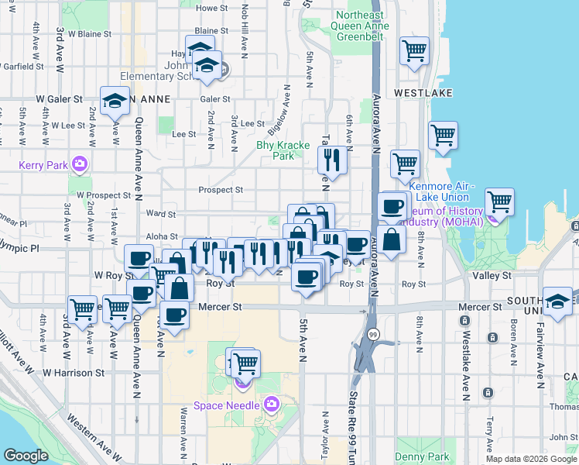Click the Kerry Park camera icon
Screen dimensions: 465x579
tap(79, 164)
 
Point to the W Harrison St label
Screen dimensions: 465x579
tap(74, 373)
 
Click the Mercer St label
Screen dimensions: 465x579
tap(220, 307)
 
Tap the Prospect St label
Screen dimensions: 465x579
tap(221, 190)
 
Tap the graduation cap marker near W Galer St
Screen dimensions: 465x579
tap(115, 102)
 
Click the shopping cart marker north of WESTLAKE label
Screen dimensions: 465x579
tap(415, 51)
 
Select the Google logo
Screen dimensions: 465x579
tap(26, 455)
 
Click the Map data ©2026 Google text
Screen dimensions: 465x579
tap(531, 459)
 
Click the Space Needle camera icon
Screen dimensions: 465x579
tap(271, 404)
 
